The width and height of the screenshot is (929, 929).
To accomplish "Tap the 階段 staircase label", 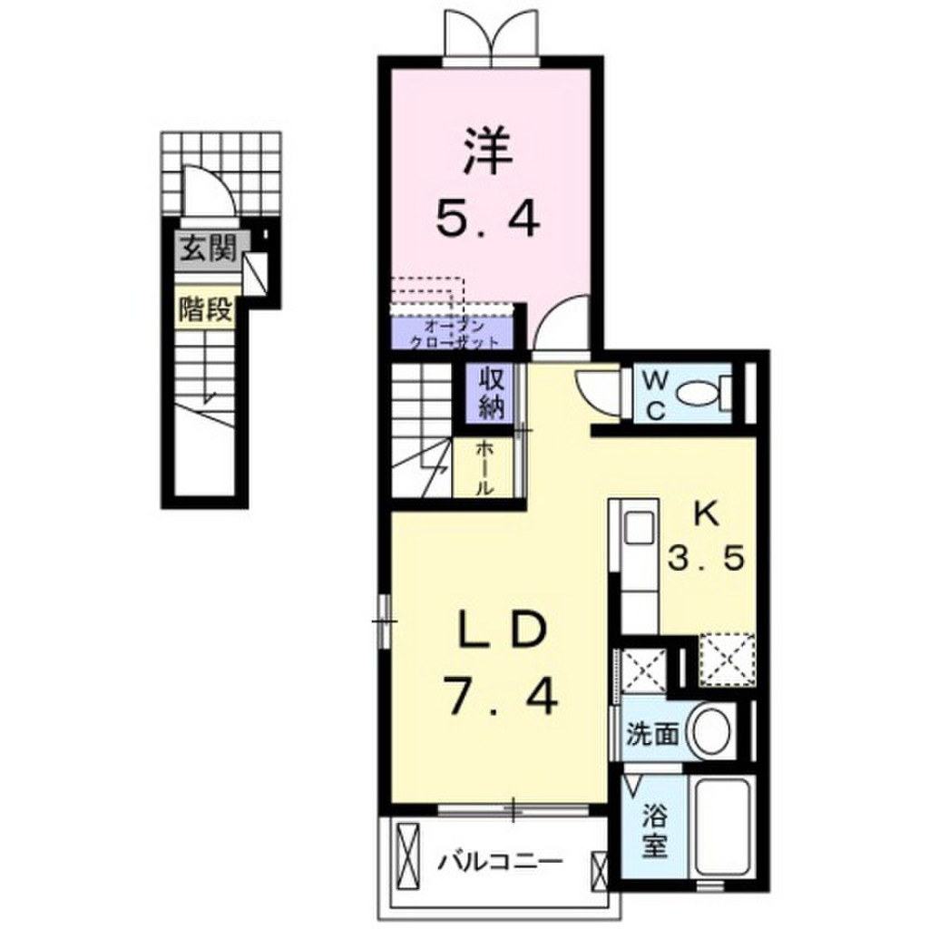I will (x=207, y=310).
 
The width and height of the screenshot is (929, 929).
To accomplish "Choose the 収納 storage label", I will (x=491, y=392).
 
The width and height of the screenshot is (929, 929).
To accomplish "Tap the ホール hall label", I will (x=484, y=467).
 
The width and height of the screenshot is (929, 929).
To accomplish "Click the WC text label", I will (x=657, y=394).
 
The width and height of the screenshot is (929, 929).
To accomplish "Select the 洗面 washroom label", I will (x=651, y=733).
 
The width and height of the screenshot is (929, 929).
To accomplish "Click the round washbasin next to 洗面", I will (x=711, y=732).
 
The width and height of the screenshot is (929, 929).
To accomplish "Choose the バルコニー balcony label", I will (x=500, y=858).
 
